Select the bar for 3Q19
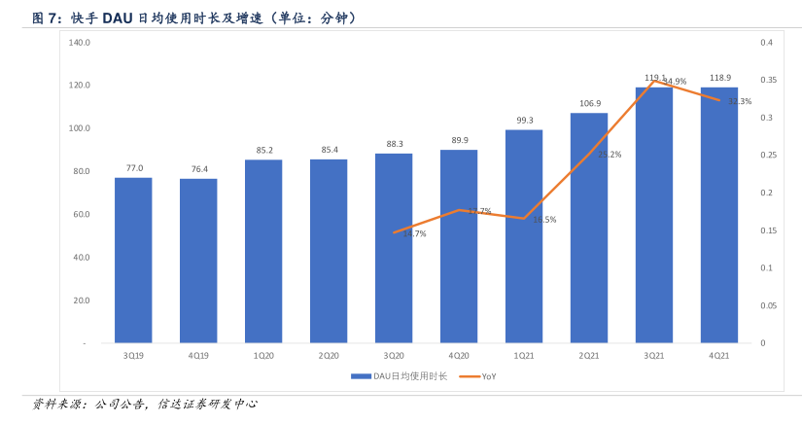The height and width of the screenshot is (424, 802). pos(133,260)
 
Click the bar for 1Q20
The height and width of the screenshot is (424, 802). pos(263,251)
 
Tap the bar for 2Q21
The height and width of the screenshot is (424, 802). pos(589,228)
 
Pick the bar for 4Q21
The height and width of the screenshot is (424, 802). pos(719,215)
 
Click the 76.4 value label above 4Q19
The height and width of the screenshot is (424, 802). pos(198,169)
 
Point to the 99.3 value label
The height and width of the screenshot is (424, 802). pos(524,120)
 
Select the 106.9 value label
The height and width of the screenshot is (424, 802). pos(589,103)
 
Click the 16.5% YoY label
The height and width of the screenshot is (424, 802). pos(544,220)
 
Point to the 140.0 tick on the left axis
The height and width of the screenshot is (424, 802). pos(80,43)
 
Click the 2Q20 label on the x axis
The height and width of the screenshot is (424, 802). pos(329,356)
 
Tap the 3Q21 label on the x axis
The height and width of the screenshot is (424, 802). pos(654,356)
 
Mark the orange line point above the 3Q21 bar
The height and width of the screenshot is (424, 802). pos(654,81)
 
